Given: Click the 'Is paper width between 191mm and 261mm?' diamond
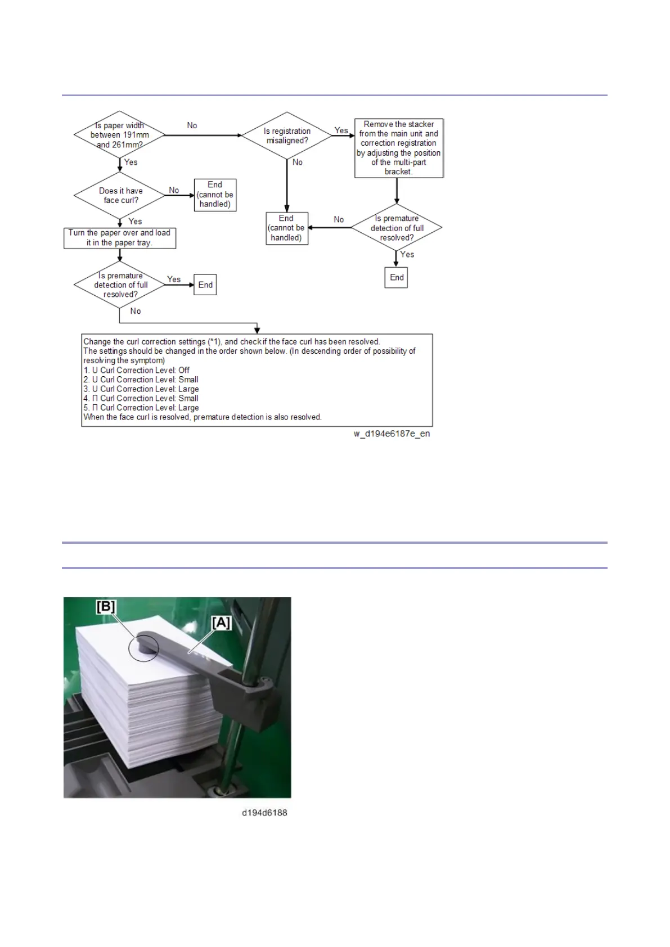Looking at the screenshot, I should tap(119, 135).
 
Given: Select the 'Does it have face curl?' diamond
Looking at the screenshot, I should tap(120, 195).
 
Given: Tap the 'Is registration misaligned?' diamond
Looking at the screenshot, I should tap(287, 136).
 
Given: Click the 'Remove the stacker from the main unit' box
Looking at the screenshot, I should tap(399, 148).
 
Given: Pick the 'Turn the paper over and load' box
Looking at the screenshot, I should tap(119, 238).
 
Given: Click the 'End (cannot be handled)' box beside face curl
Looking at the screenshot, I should tap(215, 195).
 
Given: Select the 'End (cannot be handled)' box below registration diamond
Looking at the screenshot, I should tap(286, 228).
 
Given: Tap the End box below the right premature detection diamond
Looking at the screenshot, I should tap(397, 277).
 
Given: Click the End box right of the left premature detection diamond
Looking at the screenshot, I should tap(205, 285).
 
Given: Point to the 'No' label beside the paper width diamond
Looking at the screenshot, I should tap(192, 125).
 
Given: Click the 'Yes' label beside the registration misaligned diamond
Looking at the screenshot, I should tap(341, 130).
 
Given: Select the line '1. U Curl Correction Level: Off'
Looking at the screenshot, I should tap(137, 370).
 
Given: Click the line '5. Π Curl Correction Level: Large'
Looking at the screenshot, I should tap(141, 408).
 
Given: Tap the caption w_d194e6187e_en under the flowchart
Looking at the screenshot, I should tap(392, 434).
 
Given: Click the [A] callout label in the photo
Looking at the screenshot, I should tap(221, 623).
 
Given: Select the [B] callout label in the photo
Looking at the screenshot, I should tap(106, 606).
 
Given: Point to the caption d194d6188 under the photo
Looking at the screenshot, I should tap(264, 813).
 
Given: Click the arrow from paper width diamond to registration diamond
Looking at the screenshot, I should tap(203, 136).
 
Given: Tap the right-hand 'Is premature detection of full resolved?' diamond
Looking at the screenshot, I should tap(397, 228).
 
